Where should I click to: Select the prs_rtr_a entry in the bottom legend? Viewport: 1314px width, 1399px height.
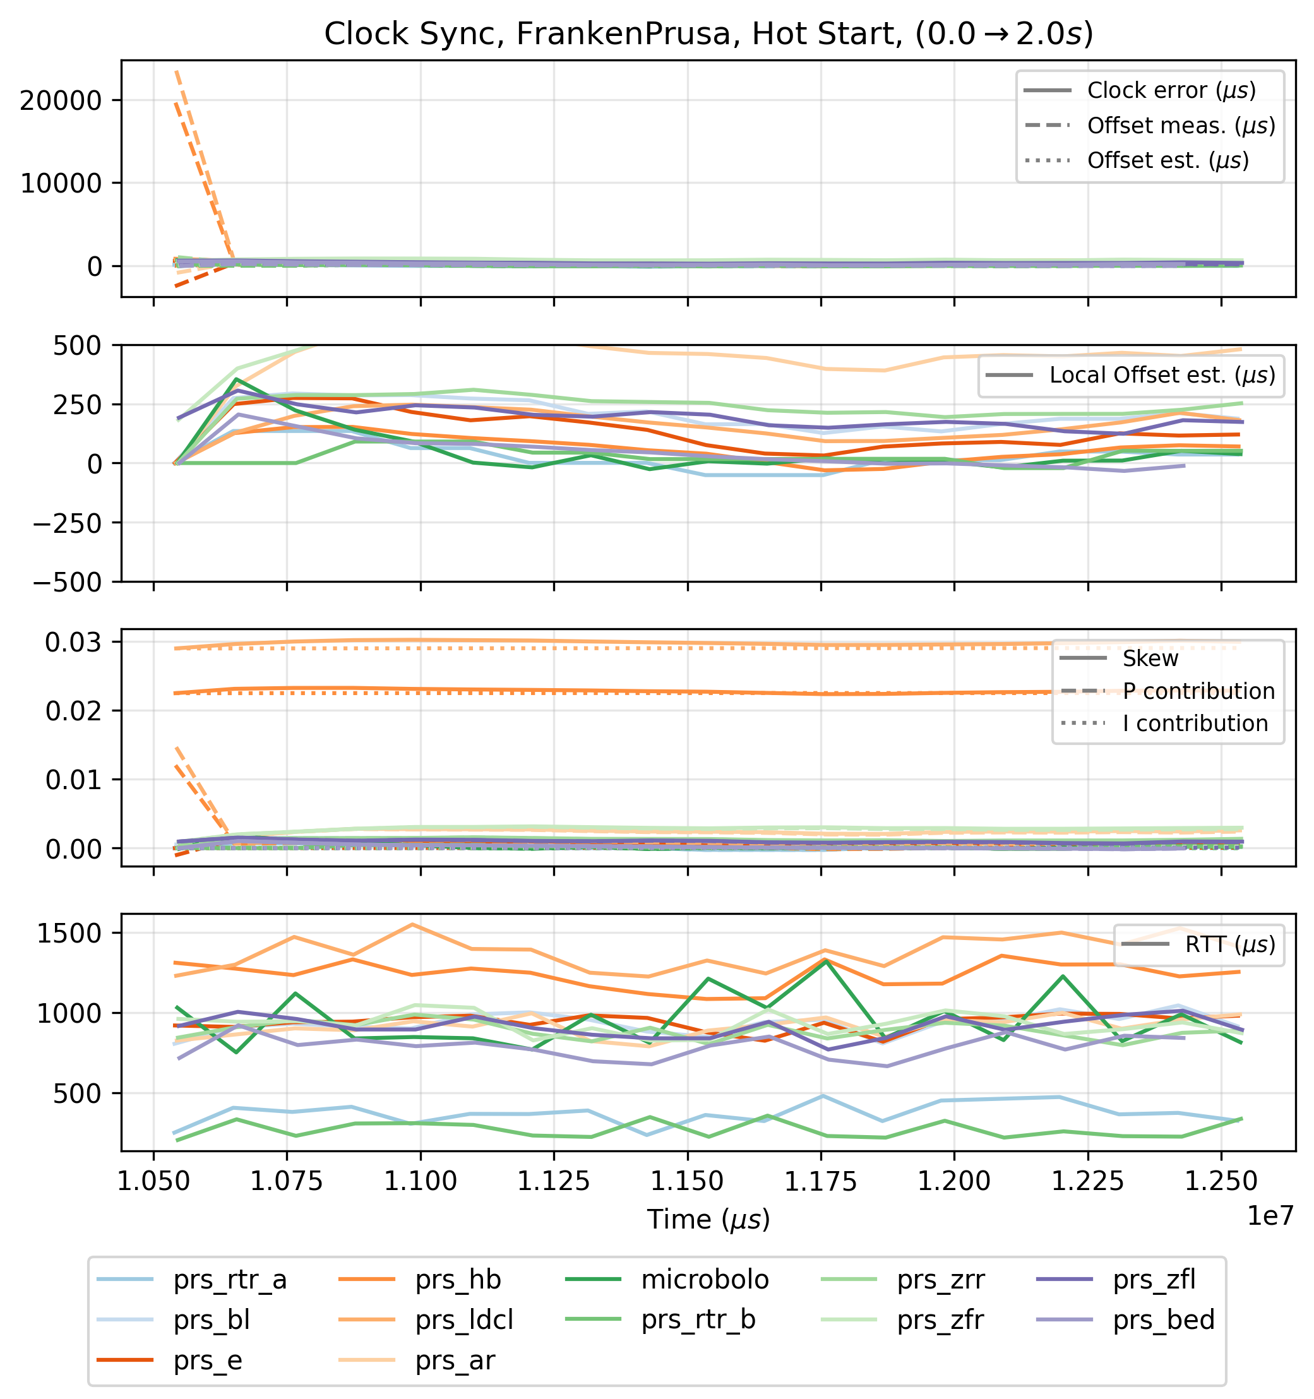pos(229,1280)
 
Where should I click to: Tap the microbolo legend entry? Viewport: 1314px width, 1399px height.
pos(705,1280)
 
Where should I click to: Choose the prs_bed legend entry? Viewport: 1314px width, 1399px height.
pos(1163,1320)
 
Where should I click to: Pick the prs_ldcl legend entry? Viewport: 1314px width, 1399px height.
pos(464,1320)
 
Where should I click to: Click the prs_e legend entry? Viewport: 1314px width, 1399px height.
pos(208,1361)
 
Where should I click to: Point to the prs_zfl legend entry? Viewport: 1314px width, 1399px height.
pos(1154,1280)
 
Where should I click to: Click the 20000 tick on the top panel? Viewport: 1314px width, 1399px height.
pos(61,100)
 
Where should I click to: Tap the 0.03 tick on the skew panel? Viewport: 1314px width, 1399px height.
pos(73,643)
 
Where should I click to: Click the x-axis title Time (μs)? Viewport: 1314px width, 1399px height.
pos(708,1220)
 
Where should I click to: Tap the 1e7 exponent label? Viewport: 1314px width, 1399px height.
pos(1270,1216)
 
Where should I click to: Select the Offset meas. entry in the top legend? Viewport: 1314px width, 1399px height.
pos(1180,126)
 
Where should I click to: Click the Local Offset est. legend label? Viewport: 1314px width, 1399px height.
pos(1162,376)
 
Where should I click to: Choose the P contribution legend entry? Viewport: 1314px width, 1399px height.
pos(1198,692)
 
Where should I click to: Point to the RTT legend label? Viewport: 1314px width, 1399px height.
pos(1229,945)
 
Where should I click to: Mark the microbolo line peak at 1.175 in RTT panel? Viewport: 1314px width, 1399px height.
pos(821,961)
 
